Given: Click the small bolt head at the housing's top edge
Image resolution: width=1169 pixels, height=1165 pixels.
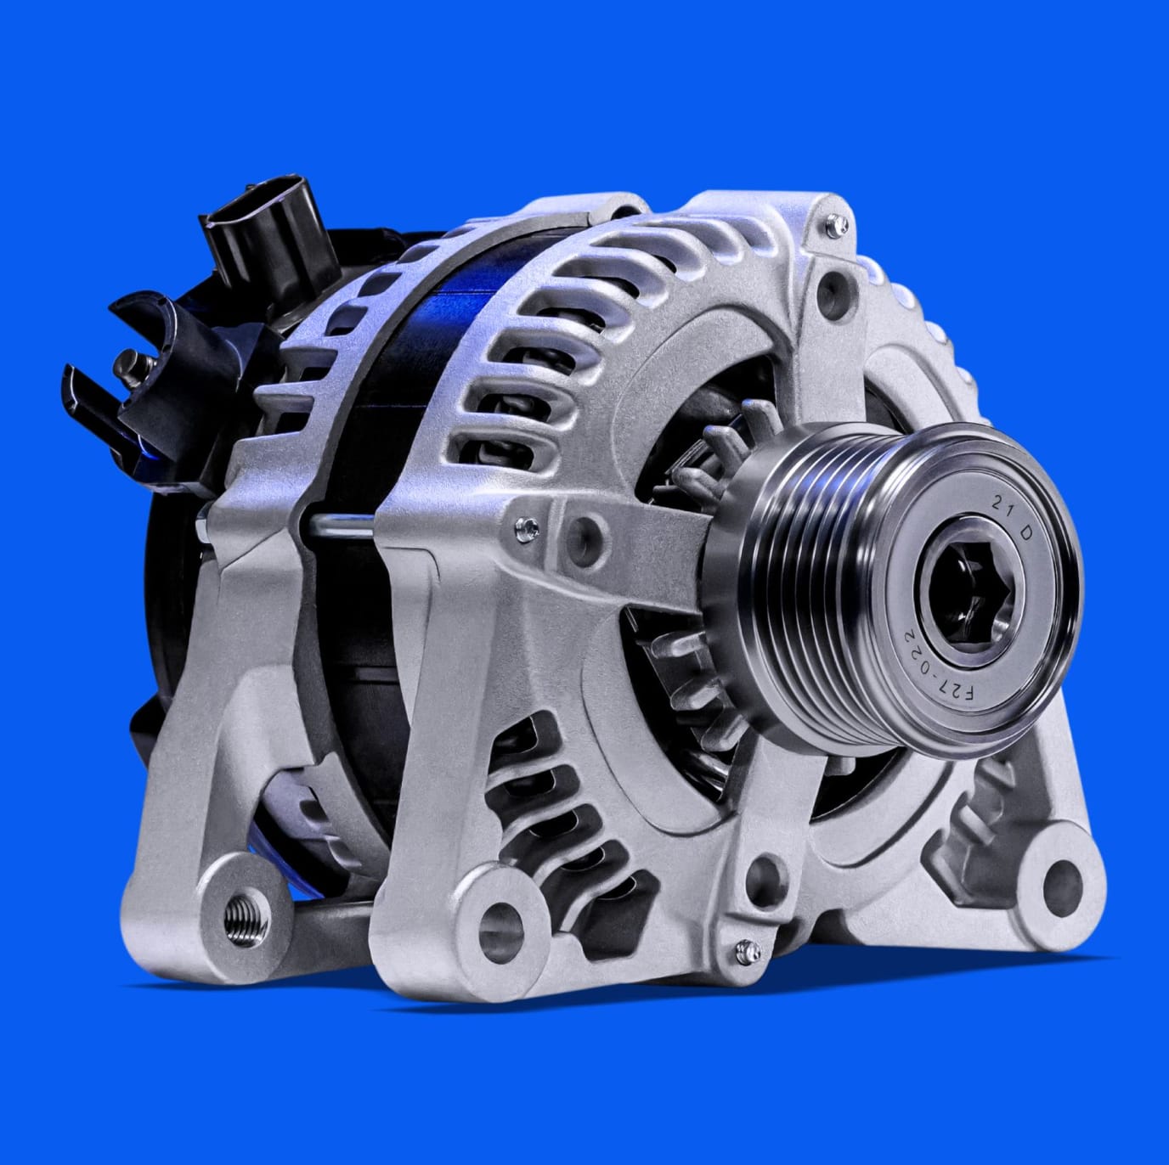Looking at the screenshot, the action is pos(837,226).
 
